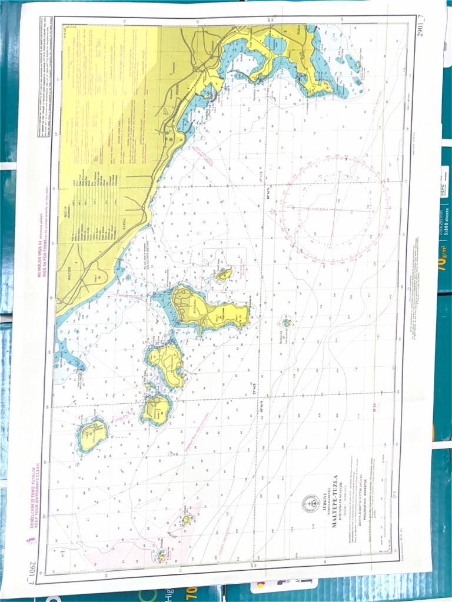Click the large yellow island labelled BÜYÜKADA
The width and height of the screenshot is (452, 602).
206,309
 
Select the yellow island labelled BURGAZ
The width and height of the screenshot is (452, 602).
156,409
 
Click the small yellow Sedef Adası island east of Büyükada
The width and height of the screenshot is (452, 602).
224,275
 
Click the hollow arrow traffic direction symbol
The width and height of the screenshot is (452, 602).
144,503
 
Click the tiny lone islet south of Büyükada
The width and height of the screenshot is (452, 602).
287,322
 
